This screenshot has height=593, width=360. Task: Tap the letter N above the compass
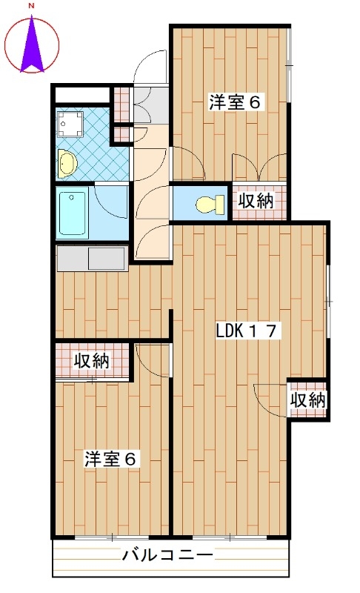(32, 6)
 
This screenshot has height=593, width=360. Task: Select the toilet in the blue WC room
(210, 205)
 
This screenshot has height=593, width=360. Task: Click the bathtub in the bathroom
(72, 214)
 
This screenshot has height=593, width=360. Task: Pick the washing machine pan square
(70, 124)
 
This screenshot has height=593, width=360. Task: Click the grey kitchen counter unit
(91, 258)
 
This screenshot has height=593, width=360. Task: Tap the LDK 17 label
(248, 331)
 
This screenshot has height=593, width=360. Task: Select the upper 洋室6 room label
(235, 102)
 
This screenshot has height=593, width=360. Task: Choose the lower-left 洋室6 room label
(110, 459)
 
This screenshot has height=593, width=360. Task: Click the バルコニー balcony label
(167, 555)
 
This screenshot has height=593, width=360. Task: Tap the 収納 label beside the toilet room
(256, 200)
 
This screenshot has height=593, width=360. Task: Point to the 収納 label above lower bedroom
(91, 361)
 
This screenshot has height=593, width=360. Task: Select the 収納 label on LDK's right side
(308, 400)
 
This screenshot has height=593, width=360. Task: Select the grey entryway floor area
(151, 105)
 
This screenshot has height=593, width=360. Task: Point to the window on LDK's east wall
(328, 302)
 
